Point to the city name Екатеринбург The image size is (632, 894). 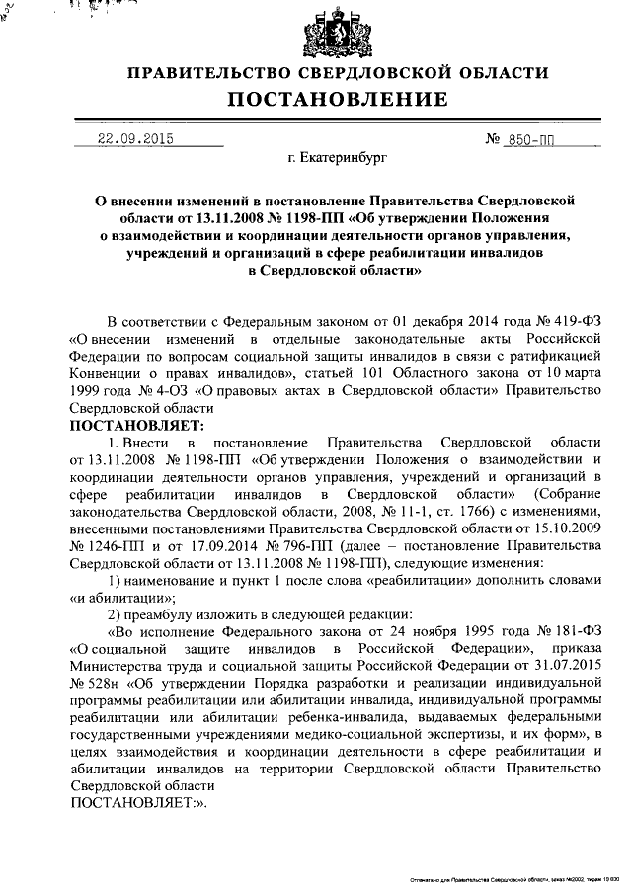click(339, 156)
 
